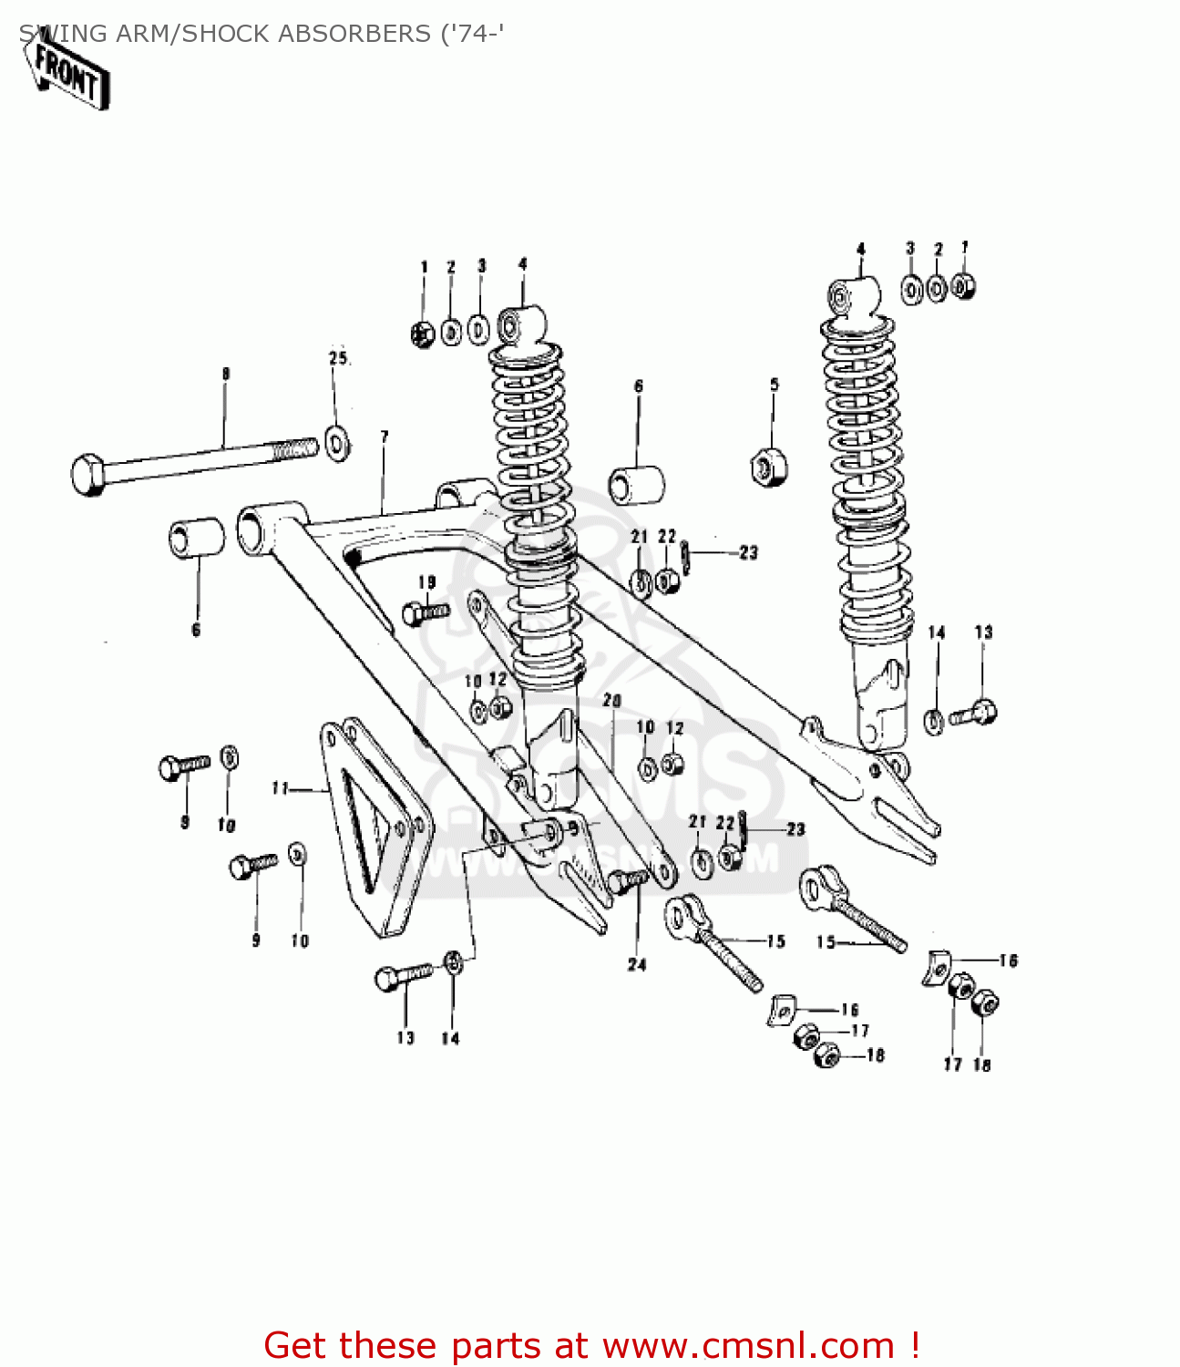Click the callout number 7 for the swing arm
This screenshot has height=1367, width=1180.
click(x=385, y=437)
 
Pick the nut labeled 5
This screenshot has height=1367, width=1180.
click(x=768, y=468)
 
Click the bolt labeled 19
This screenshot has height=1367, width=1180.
click(x=425, y=612)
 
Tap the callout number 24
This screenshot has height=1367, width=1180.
click(x=636, y=964)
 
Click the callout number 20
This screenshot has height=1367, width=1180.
click(x=611, y=701)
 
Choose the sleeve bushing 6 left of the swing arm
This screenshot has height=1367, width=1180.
click(x=196, y=538)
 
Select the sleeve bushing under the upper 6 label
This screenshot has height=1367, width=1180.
click(x=636, y=484)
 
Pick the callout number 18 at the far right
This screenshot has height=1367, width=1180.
click(x=981, y=1064)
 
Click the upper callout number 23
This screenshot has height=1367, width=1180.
click(x=748, y=552)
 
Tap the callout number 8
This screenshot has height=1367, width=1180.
click(x=225, y=374)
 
